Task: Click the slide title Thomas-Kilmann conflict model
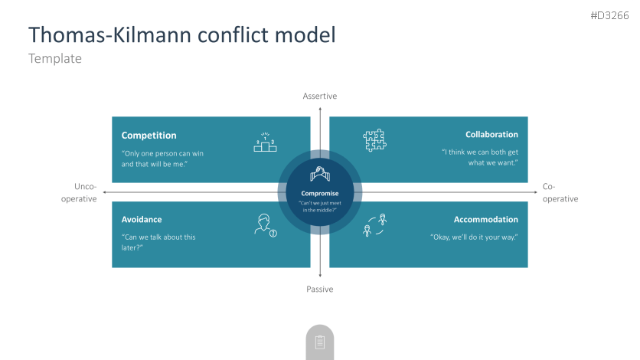181,34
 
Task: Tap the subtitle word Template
54,58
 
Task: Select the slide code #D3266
609,15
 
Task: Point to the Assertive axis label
319,96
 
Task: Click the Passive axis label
319,289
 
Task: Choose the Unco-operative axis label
85,192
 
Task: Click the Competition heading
149,136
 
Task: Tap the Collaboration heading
491,135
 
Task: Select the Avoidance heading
142,220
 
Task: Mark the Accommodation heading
485,220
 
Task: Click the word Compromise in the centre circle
319,194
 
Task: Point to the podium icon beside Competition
265,142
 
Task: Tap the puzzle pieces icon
374,140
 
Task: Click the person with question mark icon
265,226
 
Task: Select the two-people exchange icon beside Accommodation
374,226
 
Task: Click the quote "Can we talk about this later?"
158,242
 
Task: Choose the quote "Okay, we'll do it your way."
474,237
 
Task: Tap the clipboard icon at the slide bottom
319,342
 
